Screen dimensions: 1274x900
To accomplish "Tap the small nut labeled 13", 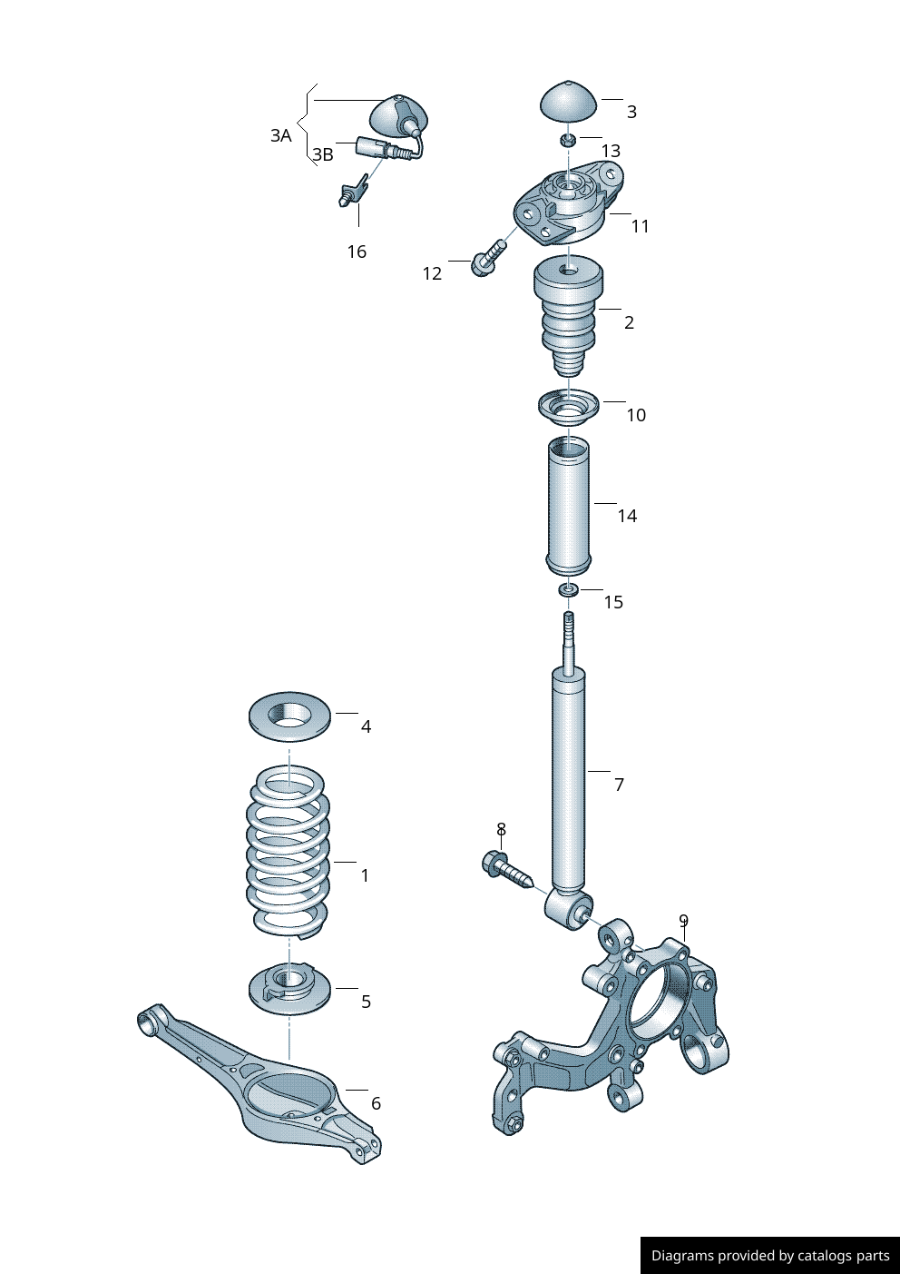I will tap(567, 140).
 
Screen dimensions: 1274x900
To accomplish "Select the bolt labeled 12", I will tap(487, 257).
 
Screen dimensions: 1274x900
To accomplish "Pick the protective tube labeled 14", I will tap(568, 506).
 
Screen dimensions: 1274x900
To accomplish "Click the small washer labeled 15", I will tap(569, 591).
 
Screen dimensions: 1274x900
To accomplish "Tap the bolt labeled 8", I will tap(505, 868).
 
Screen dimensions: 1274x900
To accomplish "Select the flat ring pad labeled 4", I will tap(289, 716).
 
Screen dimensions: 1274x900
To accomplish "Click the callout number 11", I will tap(641, 226).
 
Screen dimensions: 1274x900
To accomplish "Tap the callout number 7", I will tap(619, 785).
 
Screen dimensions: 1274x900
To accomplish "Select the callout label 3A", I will tap(280, 135).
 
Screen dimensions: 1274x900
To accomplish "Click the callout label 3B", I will tap(323, 154).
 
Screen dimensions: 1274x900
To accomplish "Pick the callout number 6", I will tap(376, 1103).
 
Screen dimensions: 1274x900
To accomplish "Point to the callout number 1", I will tap(365, 875).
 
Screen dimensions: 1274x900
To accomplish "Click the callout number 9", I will tap(683, 921).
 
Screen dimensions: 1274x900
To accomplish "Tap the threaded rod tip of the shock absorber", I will tap(569, 627).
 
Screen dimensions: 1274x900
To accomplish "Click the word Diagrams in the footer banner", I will tap(682, 1256).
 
